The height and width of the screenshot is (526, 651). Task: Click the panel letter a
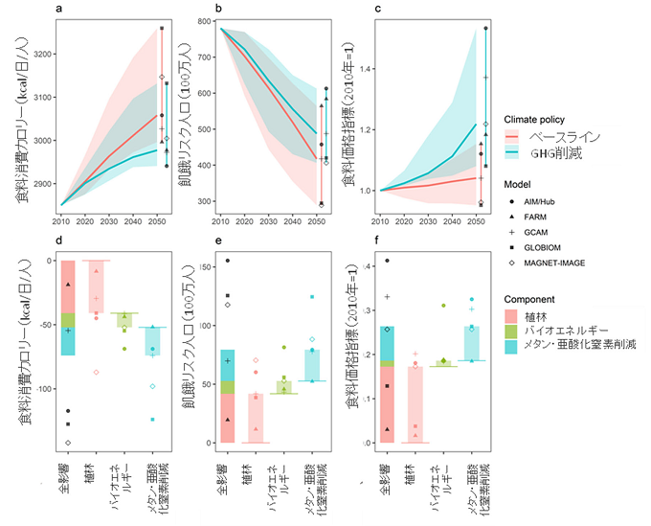point(58,10)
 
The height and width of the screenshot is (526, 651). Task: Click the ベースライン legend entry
point(553,138)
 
